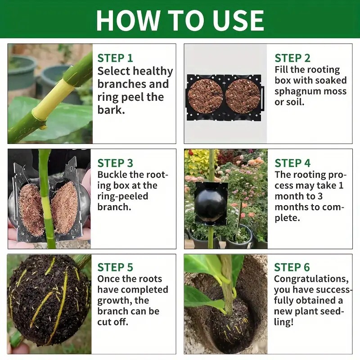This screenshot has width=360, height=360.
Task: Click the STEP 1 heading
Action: [x=115, y=58]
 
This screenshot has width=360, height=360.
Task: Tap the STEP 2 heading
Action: [x=292, y=58]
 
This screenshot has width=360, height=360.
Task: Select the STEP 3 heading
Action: [x=115, y=163]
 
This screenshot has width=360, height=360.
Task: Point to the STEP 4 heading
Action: [x=292, y=163]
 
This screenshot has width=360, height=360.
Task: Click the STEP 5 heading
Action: [x=115, y=267]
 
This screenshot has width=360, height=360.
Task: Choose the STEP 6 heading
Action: [x=292, y=267]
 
